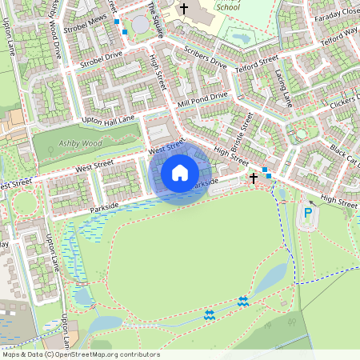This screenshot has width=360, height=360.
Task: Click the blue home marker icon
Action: (180, 172)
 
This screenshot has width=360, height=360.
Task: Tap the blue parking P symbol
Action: (308, 213)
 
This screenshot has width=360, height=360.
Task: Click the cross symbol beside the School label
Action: (183, 10)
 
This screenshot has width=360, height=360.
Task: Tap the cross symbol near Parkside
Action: (254, 178)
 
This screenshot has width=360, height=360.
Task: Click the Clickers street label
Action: (342, 106)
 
